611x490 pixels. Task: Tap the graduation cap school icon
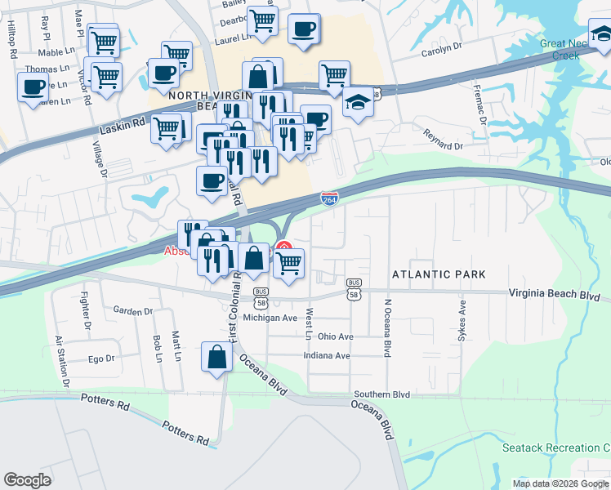[358, 104]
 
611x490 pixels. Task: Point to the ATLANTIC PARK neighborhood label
[439, 274]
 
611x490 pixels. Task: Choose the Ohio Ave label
[336, 336]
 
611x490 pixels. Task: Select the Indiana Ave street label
[326, 356]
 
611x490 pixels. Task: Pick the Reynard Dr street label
[442, 140]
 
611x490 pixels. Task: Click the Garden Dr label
[133, 311]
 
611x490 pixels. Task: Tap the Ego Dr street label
[101, 358]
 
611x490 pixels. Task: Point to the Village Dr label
[100, 159]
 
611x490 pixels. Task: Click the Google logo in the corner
[28, 479]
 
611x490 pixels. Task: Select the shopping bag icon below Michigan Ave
[215, 359]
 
